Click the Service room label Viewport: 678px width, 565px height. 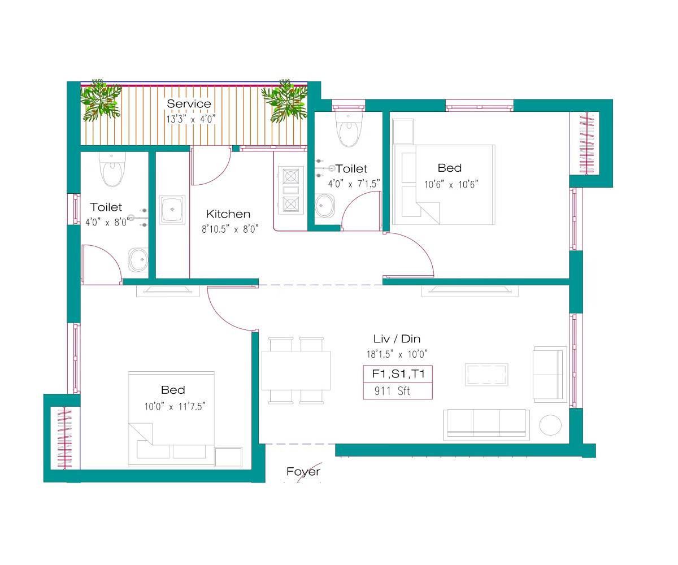tap(189, 104)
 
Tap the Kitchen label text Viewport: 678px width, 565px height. tap(228, 214)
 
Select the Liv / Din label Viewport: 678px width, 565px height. tap(397, 339)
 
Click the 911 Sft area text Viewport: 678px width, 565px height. tap(392, 391)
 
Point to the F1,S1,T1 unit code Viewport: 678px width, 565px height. tap(398, 374)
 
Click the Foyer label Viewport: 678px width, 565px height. tap(303, 472)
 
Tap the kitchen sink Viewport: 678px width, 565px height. tap(172, 210)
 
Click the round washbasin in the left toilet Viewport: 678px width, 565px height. tap(138, 260)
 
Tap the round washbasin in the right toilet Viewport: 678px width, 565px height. tap(324, 206)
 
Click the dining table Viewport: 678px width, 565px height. tap(295, 370)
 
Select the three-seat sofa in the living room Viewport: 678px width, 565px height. tap(486, 424)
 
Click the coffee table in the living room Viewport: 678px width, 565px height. tap(486, 375)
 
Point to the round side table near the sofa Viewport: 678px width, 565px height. tap(550, 425)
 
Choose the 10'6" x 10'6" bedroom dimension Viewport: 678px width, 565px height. tap(451, 184)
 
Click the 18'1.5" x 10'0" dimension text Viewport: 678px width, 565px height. tap(397, 354)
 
